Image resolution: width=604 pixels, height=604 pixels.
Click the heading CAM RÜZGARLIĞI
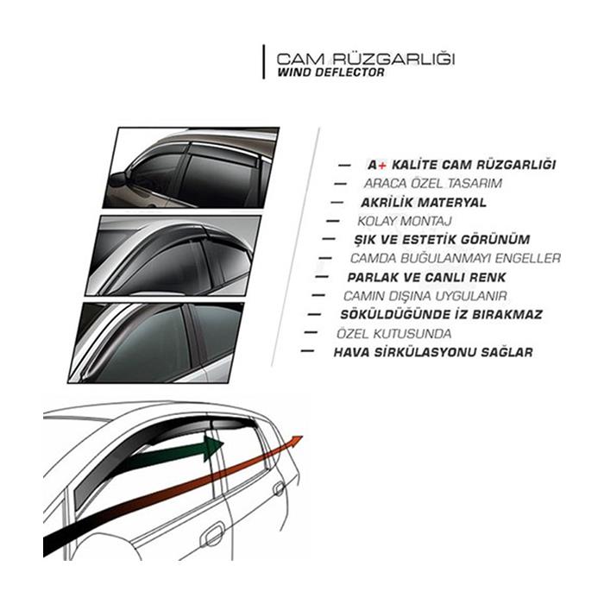pyautogui.click(x=366, y=60)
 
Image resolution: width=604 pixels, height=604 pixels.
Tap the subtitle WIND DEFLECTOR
pyautogui.click(x=330, y=72)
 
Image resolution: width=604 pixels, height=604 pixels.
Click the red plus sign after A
pyautogui.click(x=381, y=166)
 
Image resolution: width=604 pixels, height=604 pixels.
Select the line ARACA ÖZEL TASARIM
pyautogui.click(x=433, y=183)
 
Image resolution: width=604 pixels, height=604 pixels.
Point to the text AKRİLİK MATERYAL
pyautogui.click(x=424, y=202)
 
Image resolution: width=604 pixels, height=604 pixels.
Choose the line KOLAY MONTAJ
pyautogui.click(x=405, y=221)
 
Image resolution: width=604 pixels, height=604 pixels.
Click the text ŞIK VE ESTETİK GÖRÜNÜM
pyautogui.click(x=442, y=240)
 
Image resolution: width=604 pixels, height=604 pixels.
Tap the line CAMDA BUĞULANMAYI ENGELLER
pyautogui.click(x=456, y=259)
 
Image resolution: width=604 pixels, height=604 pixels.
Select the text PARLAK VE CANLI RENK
pyautogui.click(x=426, y=277)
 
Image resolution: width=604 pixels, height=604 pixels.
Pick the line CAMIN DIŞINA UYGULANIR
pyautogui.click(x=425, y=296)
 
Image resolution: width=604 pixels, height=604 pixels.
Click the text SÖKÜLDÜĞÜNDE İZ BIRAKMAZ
pyautogui.click(x=442, y=314)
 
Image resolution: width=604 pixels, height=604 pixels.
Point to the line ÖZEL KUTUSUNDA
pyautogui.click(x=393, y=334)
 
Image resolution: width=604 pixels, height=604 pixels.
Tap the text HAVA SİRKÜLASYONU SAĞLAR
pyautogui.click(x=433, y=352)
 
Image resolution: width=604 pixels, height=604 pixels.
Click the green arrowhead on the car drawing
pyautogui.click(x=213, y=448)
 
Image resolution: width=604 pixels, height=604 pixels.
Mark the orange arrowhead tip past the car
pyautogui.click(x=303, y=437)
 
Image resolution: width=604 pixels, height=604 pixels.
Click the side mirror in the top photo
pyautogui.click(x=119, y=179)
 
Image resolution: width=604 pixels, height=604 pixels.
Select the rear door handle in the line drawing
pyautogui.click(x=278, y=488)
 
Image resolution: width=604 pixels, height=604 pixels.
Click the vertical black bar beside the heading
pyautogui.click(x=264, y=62)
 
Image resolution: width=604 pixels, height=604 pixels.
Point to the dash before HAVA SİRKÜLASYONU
pyautogui.click(x=307, y=351)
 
